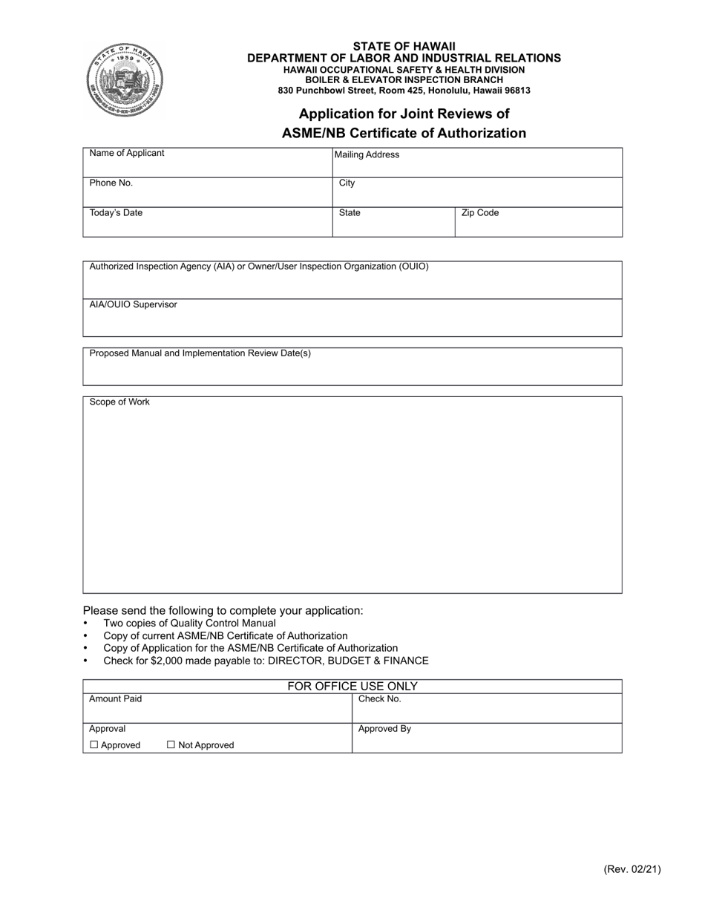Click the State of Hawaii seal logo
coord(125,79)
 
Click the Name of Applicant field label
coord(127,153)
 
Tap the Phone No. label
coord(111,183)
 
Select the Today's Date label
coord(116,213)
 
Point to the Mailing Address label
coord(367,155)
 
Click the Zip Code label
coord(480,213)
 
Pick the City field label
coord(347,183)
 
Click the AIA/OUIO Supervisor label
coord(134,304)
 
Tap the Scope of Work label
coord(119,402)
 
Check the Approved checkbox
coord(94,745)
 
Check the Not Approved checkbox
coord(171,745)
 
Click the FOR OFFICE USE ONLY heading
coord(352,687)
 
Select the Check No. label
coord(380,699)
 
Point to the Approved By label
coord(384,729)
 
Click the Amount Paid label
coord(116,699)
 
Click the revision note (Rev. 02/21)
coord(632,869)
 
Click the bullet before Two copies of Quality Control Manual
coord(86,624)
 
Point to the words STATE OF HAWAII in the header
coord(404,46)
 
